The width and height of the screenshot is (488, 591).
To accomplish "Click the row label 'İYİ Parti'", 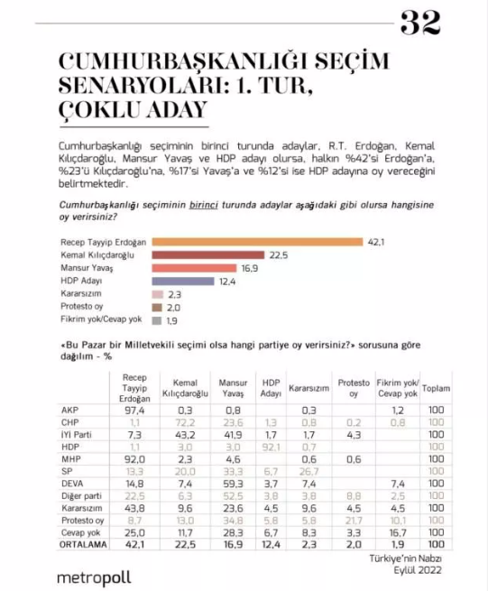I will [x=77, y=434].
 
